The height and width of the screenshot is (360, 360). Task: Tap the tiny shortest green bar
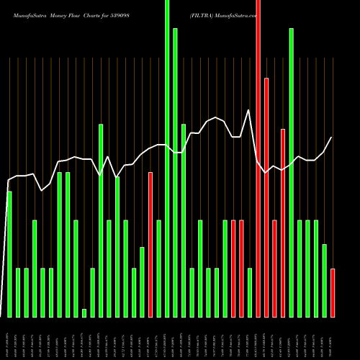click(x=84, y=312)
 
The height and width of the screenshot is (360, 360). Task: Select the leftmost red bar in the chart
click(x=150, y=245)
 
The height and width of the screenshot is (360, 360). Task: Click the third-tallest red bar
click(x=283, y=222)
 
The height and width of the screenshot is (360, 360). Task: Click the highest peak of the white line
click(x=249, y=110)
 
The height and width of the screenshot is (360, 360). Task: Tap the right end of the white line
click(x=331, y=138)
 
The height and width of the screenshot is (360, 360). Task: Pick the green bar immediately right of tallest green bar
click(x=176, y=173)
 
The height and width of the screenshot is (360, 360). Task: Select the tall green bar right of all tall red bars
click(x=291, y=173)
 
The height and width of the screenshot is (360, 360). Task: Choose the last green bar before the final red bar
click(x=324, y=281)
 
